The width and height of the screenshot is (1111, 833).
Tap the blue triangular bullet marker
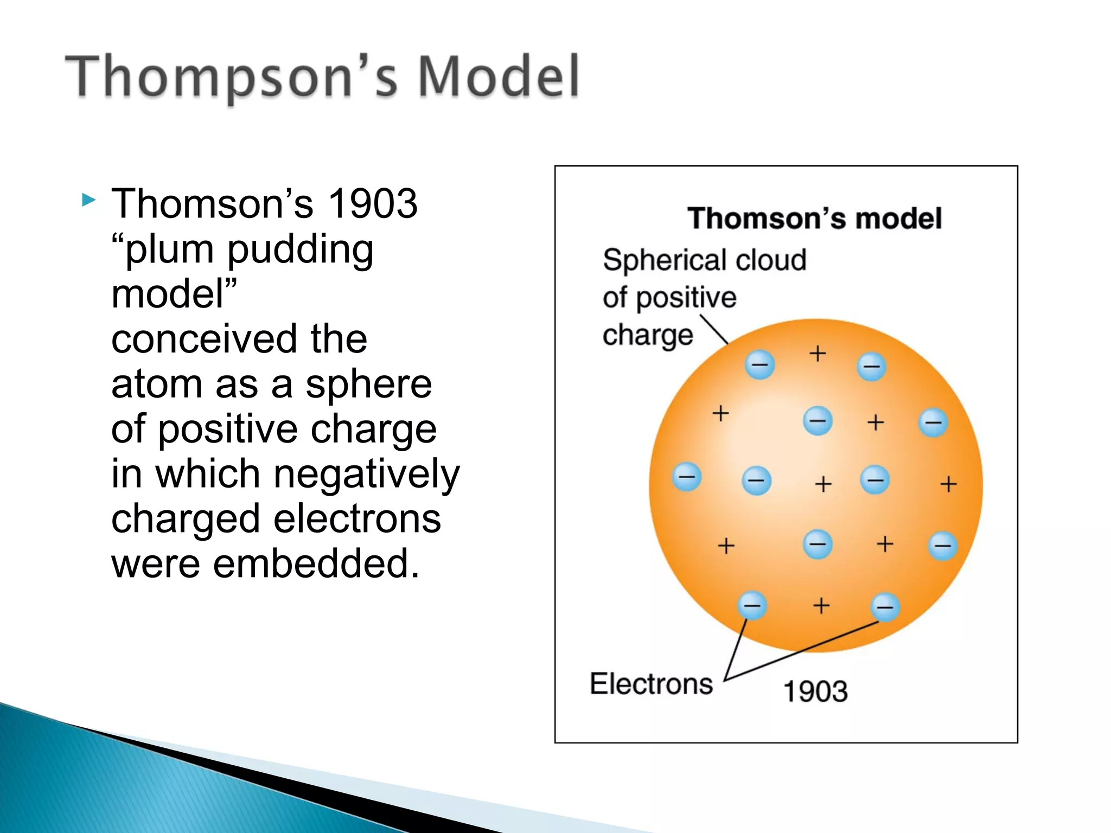coord(88,201)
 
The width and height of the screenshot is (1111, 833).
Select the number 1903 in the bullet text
coord(373,203)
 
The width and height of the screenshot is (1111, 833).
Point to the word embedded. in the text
coord(316,563)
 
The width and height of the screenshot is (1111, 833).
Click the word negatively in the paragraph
coord(367,473)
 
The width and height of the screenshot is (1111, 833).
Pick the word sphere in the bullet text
coord(368,384)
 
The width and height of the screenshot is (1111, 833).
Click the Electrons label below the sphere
coord(651,684)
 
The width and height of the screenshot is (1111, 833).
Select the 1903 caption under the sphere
coord(815,691)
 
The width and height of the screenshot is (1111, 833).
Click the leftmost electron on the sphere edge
coord(687,477)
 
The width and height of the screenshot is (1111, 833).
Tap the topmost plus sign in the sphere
coord(818,354)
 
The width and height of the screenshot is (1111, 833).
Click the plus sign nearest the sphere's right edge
coord(948,484)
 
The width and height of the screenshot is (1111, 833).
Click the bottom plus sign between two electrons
coord(821,605)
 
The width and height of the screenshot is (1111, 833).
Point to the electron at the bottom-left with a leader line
coord(752,605)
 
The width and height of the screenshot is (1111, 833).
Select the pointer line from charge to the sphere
coord(715,330)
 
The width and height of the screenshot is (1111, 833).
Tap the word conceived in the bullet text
coord(204,339)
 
